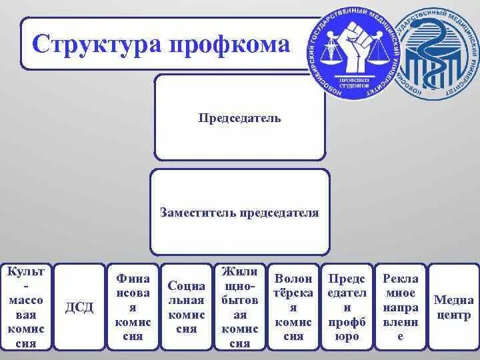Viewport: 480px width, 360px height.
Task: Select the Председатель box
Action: (239, 118)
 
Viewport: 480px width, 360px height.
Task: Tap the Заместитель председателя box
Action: (239, 213)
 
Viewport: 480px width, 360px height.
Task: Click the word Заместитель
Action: (197, 213)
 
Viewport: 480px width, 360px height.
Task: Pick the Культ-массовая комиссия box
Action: (25, 306)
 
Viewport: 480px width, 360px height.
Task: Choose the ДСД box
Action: (79, 306)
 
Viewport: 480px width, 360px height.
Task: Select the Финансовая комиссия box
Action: (133, 306)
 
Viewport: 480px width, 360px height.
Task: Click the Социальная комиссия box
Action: (186, 306)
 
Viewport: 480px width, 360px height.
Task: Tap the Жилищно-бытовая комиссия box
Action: (239, 306)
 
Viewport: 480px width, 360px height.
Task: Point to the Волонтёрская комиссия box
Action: (293, 306)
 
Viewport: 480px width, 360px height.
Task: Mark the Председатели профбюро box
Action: (347, 306)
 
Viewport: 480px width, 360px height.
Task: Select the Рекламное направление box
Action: (400, 306)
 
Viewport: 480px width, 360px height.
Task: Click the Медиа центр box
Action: (453, 306)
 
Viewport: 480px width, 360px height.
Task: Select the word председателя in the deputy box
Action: (280, 213)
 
